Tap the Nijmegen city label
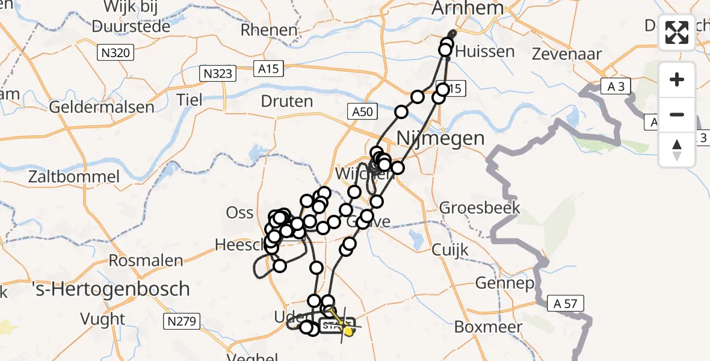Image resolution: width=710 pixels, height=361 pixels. tap(441, 138)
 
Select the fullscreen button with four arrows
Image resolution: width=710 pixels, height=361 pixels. tap(677, 32)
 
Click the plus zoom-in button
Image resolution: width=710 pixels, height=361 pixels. tap(677, 79)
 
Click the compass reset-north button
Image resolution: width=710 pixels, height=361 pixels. tap(677, 150)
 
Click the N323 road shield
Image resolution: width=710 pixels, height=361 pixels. tap(218, 74)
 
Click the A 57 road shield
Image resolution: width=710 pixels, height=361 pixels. tap(566, 304)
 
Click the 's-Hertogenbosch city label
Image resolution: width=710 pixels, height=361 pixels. tap(110, 289)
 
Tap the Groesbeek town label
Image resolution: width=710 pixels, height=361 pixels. tap(480, 208)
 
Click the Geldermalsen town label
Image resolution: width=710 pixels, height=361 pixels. tap(102, 107)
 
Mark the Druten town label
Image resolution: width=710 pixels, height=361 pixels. tap(288, 100)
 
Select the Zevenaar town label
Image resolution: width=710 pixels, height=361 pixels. tap(567, 54)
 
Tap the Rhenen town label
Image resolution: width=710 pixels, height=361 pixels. tap(269, 29)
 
